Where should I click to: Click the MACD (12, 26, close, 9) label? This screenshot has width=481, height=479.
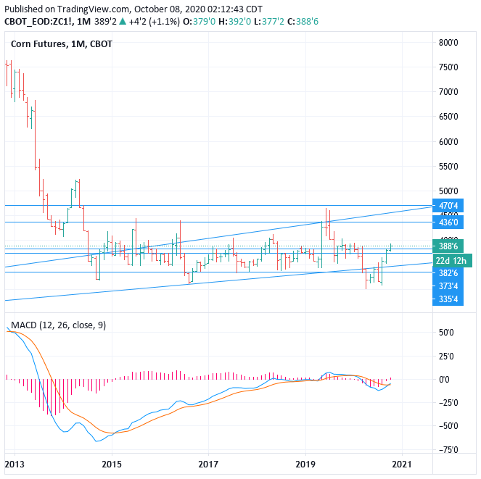pos(56,325)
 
